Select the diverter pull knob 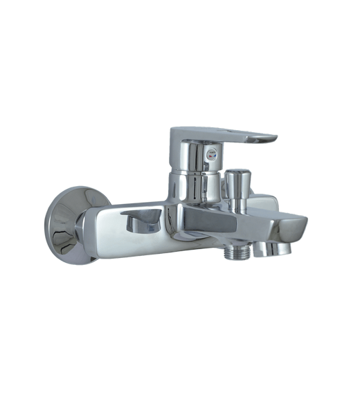click(x=235, y=182)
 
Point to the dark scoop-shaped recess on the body click(x=142, y=223)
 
